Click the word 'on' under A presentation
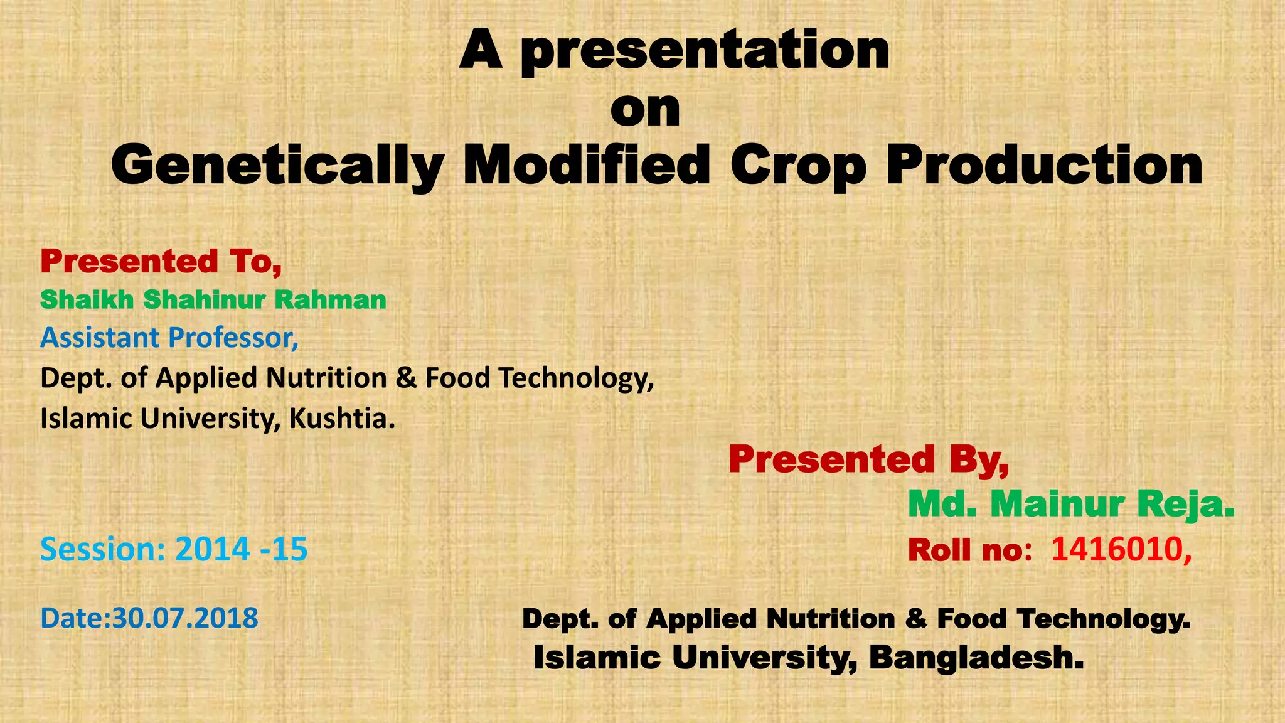645,110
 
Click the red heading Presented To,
161,261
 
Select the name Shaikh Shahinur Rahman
213,300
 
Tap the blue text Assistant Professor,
169,338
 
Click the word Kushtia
342,418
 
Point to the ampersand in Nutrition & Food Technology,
407,378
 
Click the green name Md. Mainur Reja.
1071,504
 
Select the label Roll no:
970,550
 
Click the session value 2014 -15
242,549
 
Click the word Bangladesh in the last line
976,658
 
